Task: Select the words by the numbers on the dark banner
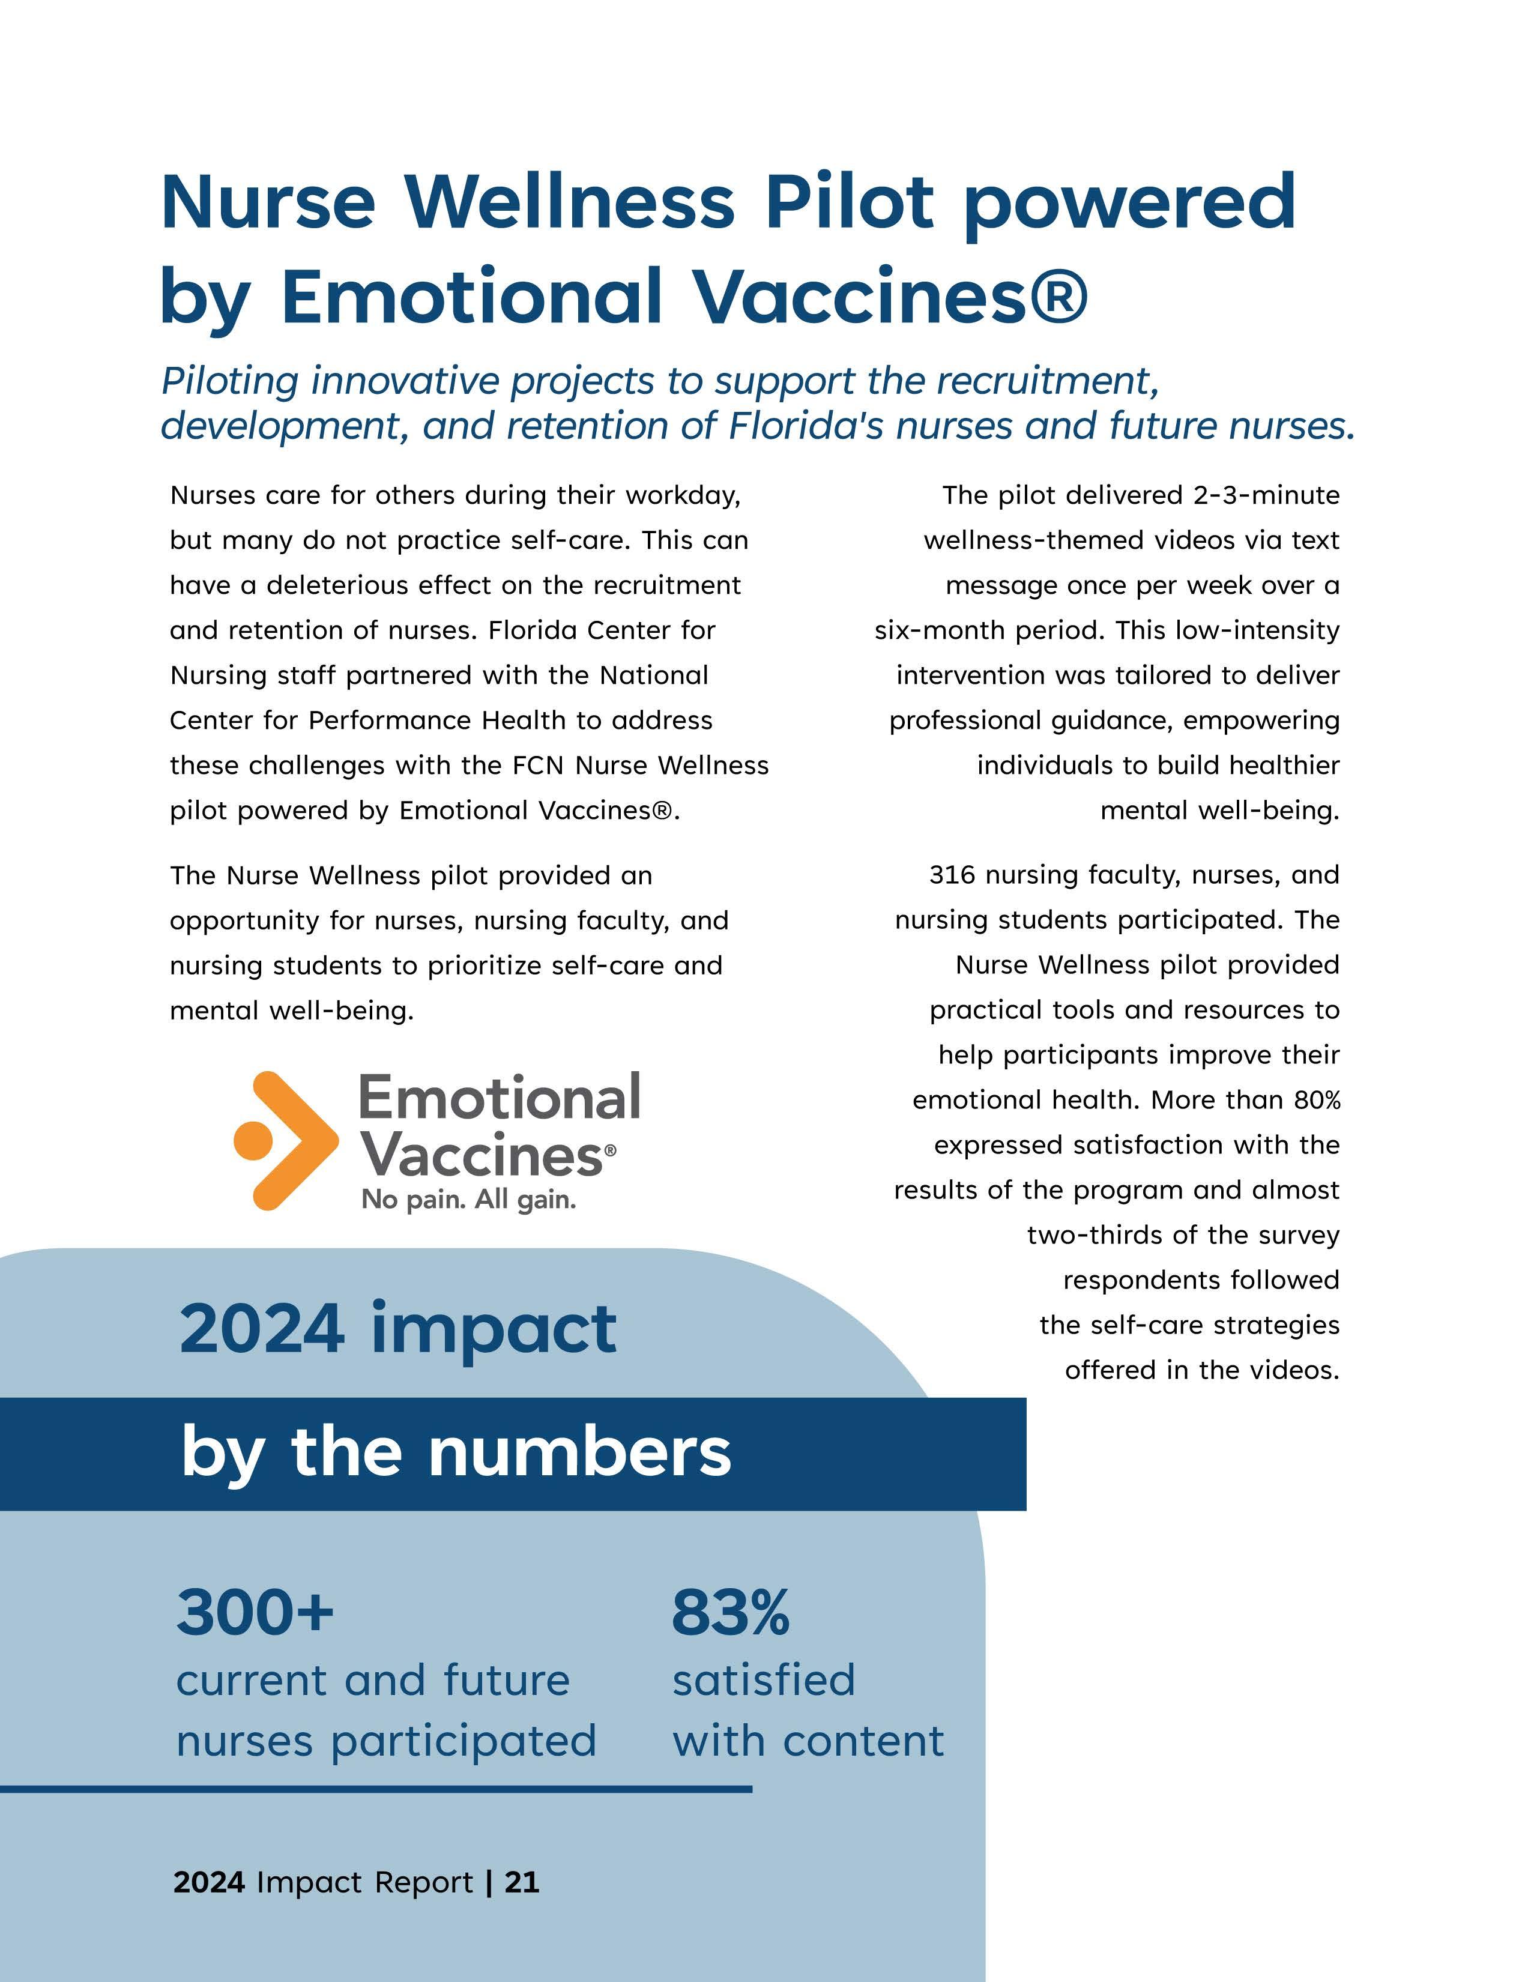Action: click(456, 1452)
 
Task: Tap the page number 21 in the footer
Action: click(522, 1882)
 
